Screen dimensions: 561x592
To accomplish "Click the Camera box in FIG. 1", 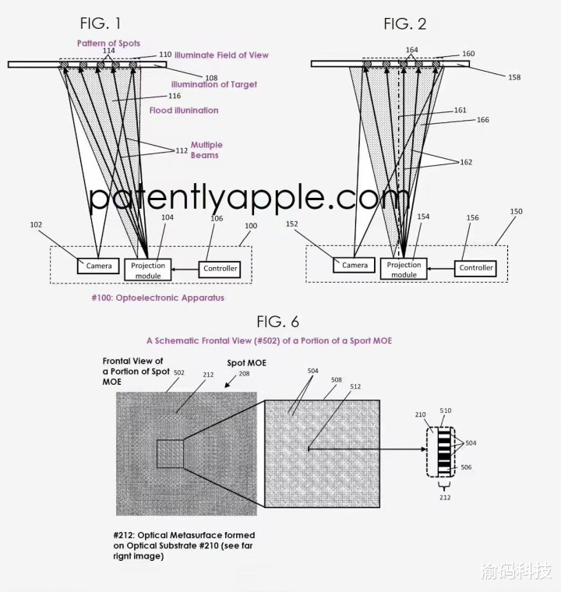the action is coord(98,266).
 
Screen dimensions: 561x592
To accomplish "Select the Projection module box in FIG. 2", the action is coord(404,270).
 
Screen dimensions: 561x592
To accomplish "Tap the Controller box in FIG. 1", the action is coord(220,270).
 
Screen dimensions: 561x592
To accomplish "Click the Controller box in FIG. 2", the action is coord(475,268).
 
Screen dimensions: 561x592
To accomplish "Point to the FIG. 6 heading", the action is coord(278,322).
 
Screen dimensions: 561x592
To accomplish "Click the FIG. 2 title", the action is coord(405,24).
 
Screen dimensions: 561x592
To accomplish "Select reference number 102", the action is coord(36,224).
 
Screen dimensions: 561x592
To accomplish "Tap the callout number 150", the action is coord(516,211).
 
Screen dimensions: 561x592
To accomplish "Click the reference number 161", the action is coord(460,111).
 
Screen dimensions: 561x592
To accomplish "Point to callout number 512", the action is coord(355,386).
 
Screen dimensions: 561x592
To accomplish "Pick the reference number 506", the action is coord(466,467).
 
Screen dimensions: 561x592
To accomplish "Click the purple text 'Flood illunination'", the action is coord(184,111).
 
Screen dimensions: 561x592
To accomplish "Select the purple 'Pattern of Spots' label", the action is coord(108,44).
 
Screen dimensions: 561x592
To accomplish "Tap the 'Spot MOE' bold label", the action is coord(247,363).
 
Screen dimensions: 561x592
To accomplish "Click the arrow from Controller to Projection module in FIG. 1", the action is coord(185,270).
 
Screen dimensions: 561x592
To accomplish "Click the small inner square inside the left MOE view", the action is coord(170,454).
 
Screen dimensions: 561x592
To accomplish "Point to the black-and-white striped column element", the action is coord(444,452).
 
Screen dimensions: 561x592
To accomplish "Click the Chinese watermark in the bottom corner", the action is coord(516,570).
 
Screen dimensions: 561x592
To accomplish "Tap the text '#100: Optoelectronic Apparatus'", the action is coord(158,298).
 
